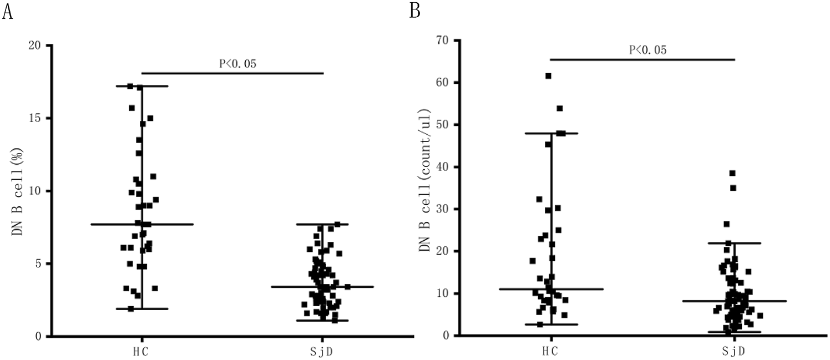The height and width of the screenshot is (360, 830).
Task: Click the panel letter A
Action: coord(7,11)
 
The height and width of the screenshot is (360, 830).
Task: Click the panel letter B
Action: coord(415,11)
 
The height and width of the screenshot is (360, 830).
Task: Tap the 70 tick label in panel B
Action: coord(443,40)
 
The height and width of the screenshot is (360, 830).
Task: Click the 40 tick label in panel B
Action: coord(443,167)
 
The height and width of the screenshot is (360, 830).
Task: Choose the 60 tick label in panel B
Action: coord(443,83)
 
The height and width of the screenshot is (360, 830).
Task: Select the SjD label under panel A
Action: coord(323,352)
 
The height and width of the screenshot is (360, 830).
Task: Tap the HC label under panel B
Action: coord(551,352)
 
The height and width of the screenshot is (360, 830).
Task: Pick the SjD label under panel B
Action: coord(735,352)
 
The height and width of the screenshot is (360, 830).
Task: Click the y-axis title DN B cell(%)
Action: coord(17,191)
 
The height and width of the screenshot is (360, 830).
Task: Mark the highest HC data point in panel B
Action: coord(548,76)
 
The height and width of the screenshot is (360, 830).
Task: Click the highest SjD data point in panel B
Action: coord(732,173)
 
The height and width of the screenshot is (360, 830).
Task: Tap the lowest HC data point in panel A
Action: coord(131,308)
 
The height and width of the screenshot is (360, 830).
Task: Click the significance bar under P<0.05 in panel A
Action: coord(232,73)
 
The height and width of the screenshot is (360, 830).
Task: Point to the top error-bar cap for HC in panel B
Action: coord(551,133)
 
